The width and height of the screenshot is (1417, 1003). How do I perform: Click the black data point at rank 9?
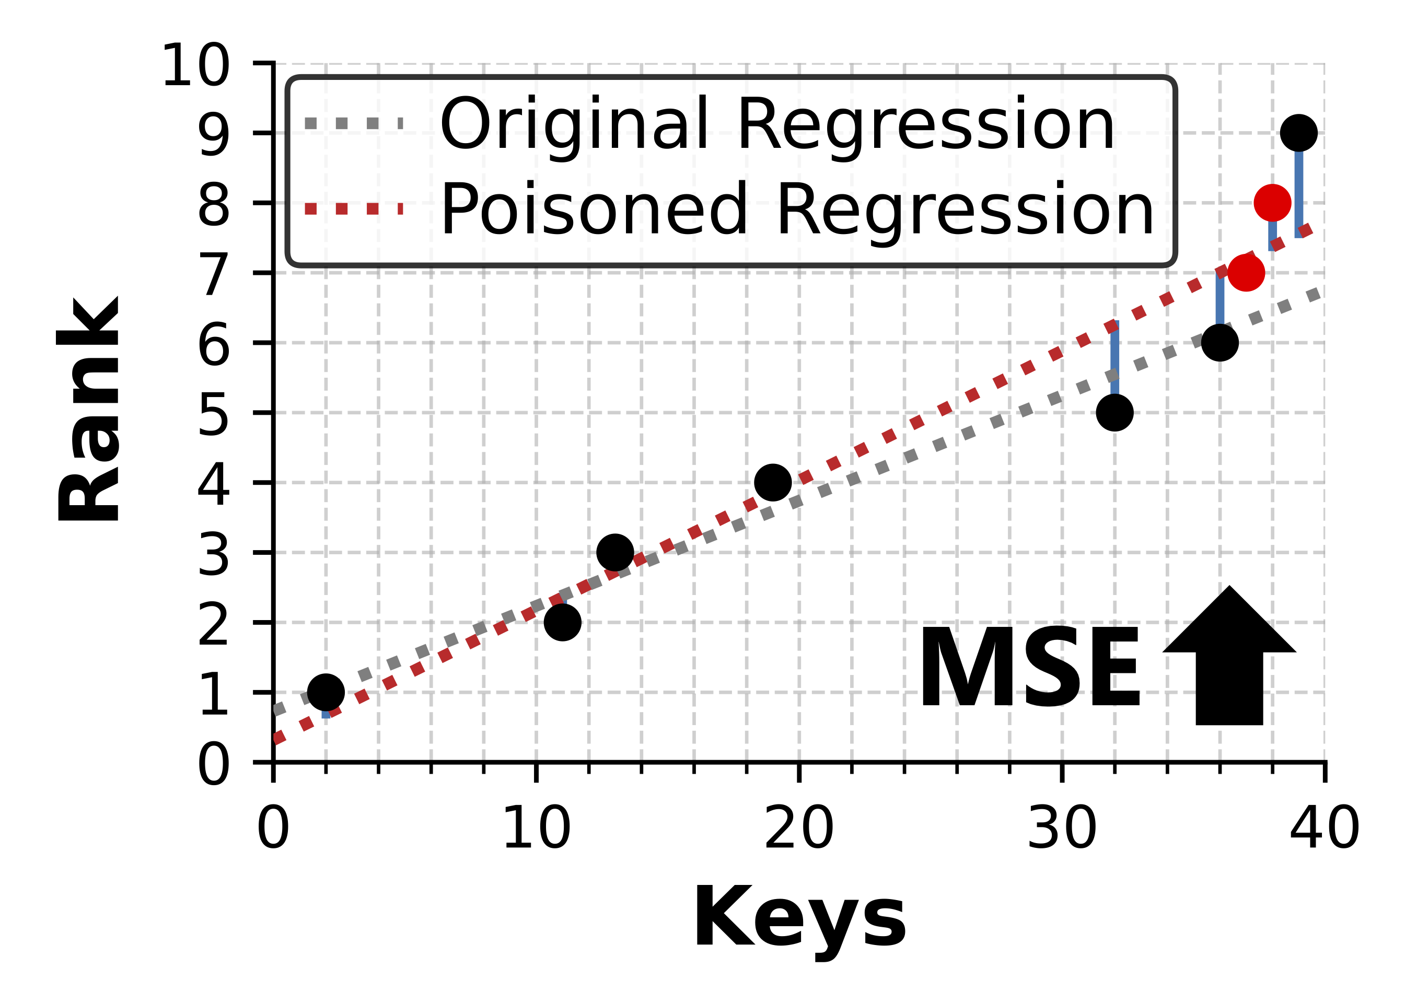click(1298, 133)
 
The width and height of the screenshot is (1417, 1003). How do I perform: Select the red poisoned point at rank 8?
click(1272, 203)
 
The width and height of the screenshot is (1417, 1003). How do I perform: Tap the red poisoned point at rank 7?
click(1246, 272)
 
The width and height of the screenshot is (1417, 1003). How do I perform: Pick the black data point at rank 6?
click(1219, 342)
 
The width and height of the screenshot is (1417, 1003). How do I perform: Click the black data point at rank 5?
click(1114, 412)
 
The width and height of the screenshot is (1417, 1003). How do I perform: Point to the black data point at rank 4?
click(773, 482)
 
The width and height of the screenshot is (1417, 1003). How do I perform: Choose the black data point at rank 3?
click(615, 552)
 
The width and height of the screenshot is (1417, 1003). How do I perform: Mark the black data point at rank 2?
click(562, 622)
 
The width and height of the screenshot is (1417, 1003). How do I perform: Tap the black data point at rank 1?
click(326, 692)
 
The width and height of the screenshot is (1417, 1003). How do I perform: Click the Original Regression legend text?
click(777, 125)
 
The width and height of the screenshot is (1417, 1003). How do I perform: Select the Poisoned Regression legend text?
click(797, 210)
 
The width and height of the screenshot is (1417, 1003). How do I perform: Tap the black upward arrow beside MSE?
click(1229, 661)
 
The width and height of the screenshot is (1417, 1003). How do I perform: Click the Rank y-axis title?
click(88, 409)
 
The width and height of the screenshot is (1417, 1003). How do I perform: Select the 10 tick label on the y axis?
click(195, 65)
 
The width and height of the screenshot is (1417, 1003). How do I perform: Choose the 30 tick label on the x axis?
click(1062, 829)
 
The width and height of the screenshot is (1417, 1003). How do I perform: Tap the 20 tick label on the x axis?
click(799, 829)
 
